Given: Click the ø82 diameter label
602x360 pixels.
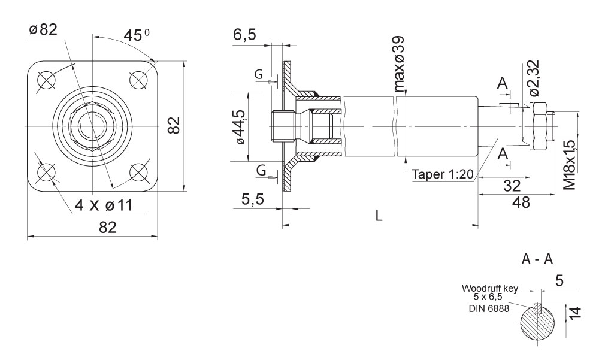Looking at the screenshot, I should point(43,30).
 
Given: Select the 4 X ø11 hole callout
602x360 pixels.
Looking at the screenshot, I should point(102,206).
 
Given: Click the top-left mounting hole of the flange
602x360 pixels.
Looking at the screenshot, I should point(46,80).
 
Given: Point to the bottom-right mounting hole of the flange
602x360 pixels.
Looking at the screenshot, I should point(138,173).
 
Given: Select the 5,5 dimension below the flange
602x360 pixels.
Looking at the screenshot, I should point(252,200).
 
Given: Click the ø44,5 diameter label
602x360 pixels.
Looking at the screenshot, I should point(241,126).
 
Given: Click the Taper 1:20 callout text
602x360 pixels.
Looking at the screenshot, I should point(443,174).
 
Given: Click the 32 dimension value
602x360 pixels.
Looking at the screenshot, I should point(511,185).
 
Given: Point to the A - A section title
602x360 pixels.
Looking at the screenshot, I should point(537,259).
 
